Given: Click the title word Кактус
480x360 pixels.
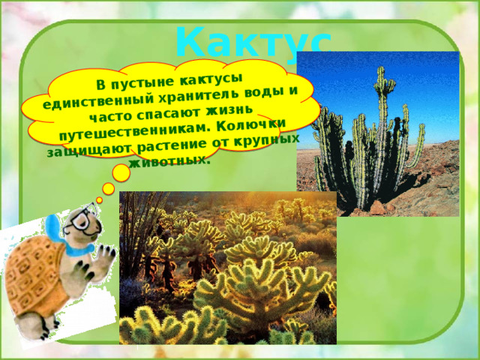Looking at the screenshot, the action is coord(253,43).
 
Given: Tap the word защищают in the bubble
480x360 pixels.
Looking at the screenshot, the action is coord(89,149).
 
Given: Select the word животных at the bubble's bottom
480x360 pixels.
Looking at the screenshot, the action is coord(170,161).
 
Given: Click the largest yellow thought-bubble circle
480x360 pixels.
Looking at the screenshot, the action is coord(121,173).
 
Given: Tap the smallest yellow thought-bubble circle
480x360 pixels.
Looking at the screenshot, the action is coord(99,200).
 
